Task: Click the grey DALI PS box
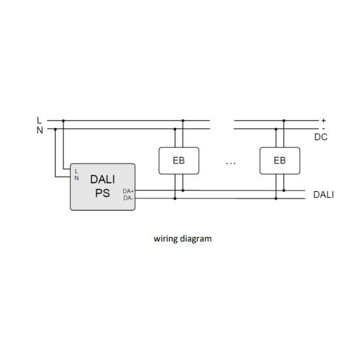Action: [x=102, y=187]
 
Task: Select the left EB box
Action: [x=179, y=161]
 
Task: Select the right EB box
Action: [x=279, y=161]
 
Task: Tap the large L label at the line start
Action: [x=39, y=120]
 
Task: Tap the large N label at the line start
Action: [x=40, y=130]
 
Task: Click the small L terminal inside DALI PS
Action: [x=77, y=171]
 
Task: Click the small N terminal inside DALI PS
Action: [x=77, y=178]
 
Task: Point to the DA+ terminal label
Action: [x=128, y=191]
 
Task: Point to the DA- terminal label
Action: [x=128, y=198]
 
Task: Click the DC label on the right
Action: [x=321, y=137]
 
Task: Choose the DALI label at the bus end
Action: [x=323, y=194]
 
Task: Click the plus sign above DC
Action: [x=323, y=120]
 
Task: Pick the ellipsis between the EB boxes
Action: [x=230, y=164]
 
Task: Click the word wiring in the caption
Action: [x=166, y=238]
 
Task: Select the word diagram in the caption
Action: [x=196, y=238]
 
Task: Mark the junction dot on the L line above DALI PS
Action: [x=63, y=120]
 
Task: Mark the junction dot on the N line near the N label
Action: [x=56, y=129]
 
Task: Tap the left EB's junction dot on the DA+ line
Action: [x=183, y=190]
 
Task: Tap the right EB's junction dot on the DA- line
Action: [x=276, y=198]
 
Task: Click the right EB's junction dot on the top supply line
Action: [x=284, y=120]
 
